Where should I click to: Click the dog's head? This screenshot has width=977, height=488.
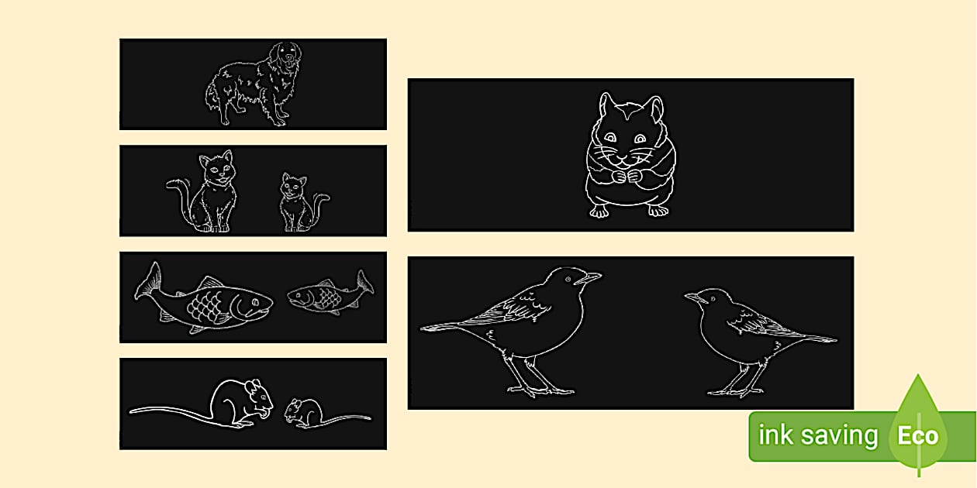pyautogui.click(x=285, y=54)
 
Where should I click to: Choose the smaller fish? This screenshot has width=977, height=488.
pyautogui.click(x=330, y=293)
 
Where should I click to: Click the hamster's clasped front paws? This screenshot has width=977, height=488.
pyautogui.click(x=627, y=177)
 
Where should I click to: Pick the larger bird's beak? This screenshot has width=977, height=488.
pyautogui.click(x=589, y=277)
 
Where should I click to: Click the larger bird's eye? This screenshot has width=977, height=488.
pyautogui.click(x=568, y=280)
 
